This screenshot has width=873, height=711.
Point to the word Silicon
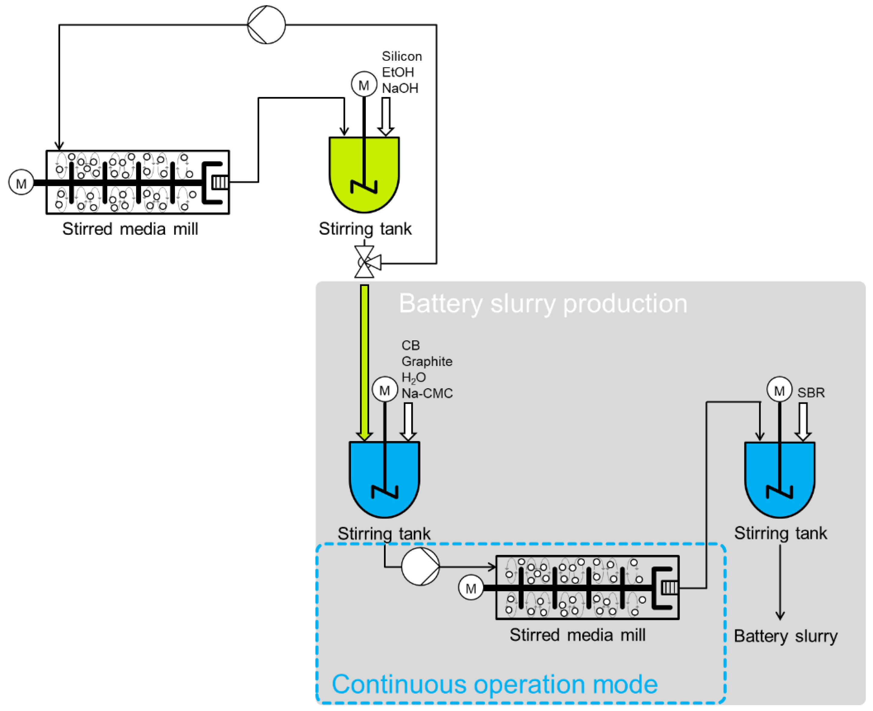pos(402,56)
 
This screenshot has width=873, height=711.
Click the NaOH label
pos(400,88)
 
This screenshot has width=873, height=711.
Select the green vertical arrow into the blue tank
pos(364,362)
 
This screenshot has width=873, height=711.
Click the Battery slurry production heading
pos(543,303)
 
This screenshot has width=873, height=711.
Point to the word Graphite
pos(427,361)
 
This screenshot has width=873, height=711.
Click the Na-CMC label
pos(427,393)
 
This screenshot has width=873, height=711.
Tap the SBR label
pos(811,393)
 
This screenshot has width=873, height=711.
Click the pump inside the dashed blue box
pos(420,566)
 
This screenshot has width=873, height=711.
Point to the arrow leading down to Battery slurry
pos(780,582)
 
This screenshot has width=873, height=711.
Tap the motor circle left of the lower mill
pos(471,588)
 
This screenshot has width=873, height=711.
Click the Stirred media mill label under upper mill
pos(130,229)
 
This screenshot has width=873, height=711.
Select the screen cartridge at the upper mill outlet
pos(220,182)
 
